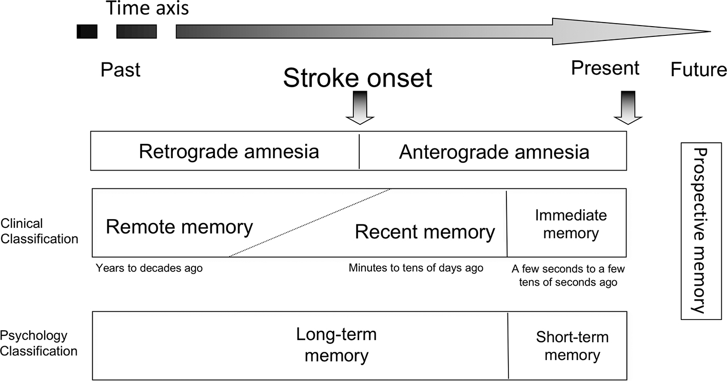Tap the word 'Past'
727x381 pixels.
click(120, 70)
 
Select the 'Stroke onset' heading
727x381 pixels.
click(357, 78)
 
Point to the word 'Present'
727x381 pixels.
click(605, 68)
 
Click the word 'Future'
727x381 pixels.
click(698, 70)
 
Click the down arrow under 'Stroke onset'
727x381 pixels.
click(360, 108)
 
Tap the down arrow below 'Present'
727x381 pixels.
click(627, 108)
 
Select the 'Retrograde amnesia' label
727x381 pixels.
click(229, 152)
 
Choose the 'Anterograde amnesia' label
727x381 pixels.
click(494, 152)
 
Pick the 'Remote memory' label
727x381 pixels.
click(179, 227)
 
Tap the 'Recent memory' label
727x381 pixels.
click(425, 232)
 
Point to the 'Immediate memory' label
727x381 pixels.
click(571, 224)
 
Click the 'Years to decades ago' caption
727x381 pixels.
click(149, 268)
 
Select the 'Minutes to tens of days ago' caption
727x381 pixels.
click(416, 268)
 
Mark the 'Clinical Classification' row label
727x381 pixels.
click(39, 231)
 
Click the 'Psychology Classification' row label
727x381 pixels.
click(39, 344)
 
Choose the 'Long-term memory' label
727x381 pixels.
click(336, 345)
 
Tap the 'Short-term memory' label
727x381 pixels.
click(572, 346)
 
